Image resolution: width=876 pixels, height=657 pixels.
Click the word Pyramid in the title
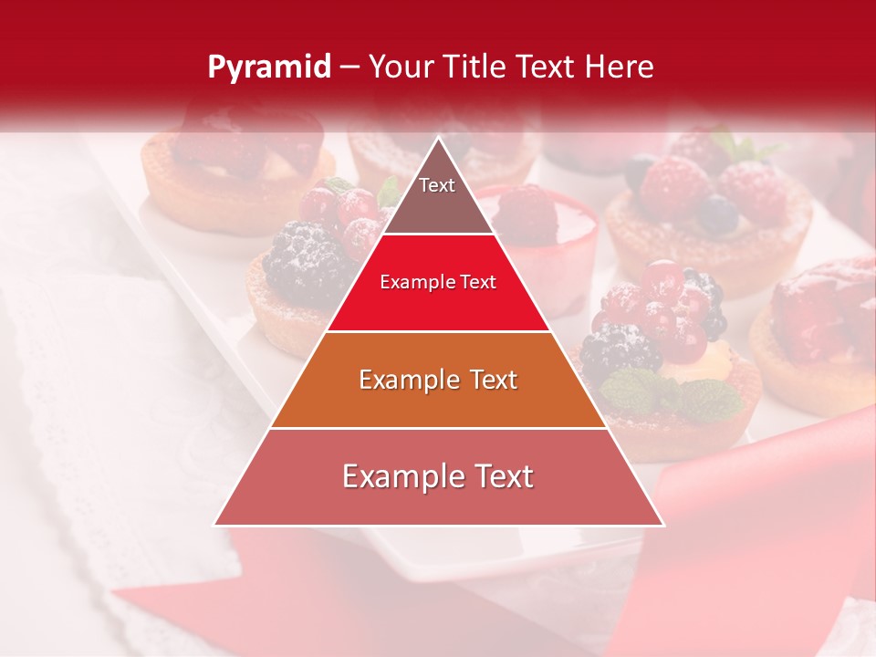click(x=268, y=68)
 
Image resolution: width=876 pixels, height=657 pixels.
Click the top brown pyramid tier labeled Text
click(x=437, y=196)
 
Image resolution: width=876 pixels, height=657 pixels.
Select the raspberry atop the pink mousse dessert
click(x=528, y=214)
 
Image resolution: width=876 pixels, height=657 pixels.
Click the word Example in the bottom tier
click(x=395, y=476)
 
